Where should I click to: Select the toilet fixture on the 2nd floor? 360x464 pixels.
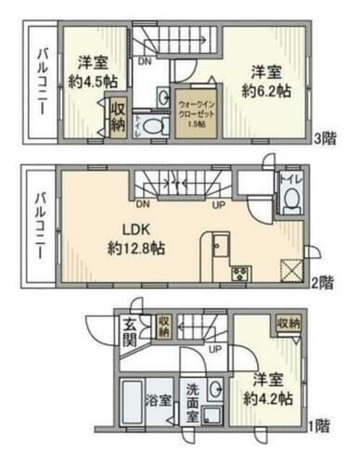pyautogui.click(x=290, y=197)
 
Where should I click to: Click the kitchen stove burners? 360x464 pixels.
pyautogui.click(x=238, y=273)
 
